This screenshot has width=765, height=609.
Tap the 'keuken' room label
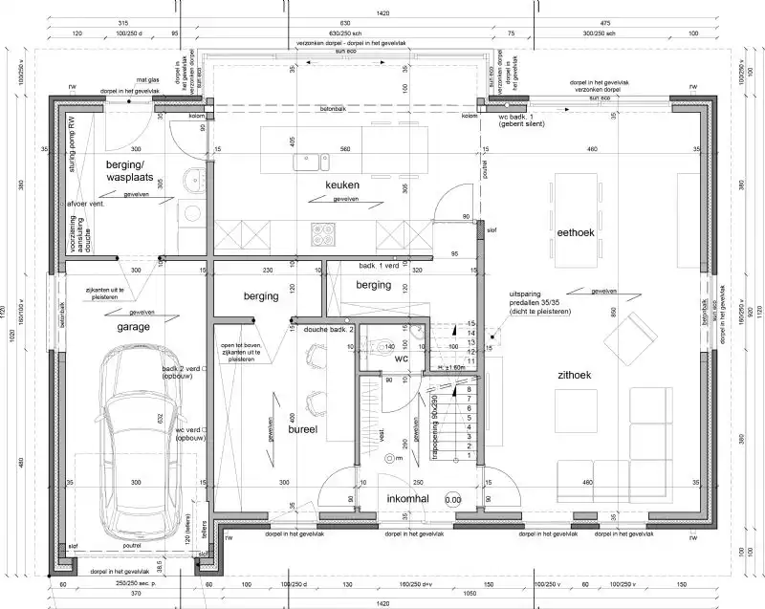[x=341, y=184]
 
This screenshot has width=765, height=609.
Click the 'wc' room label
[x=402, y=359]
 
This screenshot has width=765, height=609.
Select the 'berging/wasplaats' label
[x=130, y=171]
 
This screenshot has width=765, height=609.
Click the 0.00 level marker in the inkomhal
[x=452, y=499]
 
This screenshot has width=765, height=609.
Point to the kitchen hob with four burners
[x=320, y=232]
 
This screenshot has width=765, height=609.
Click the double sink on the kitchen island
[x=315, y=161]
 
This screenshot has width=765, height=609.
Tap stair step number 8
[x=469, y=389]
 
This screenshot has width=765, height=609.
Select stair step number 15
[x=470, y=324]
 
